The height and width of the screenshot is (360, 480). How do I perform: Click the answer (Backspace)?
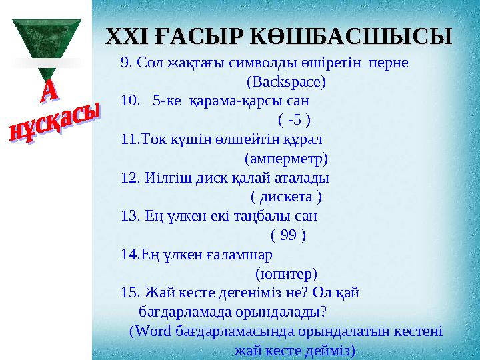[x=286, y=83]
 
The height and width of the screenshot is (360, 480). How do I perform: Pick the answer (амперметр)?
[x=286, y=159]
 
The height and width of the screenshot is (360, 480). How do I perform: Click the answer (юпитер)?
[x=286, y=273]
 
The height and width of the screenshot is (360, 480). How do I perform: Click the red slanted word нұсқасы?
[x=55, y=123]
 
